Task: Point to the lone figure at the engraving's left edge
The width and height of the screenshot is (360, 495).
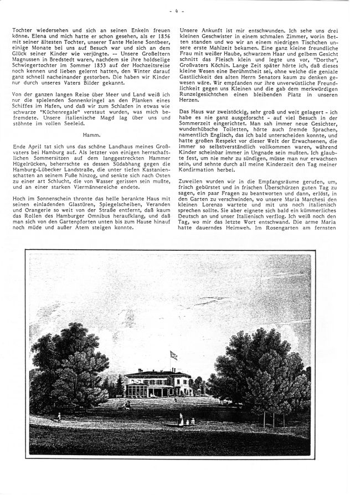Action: tap(58, 417)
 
